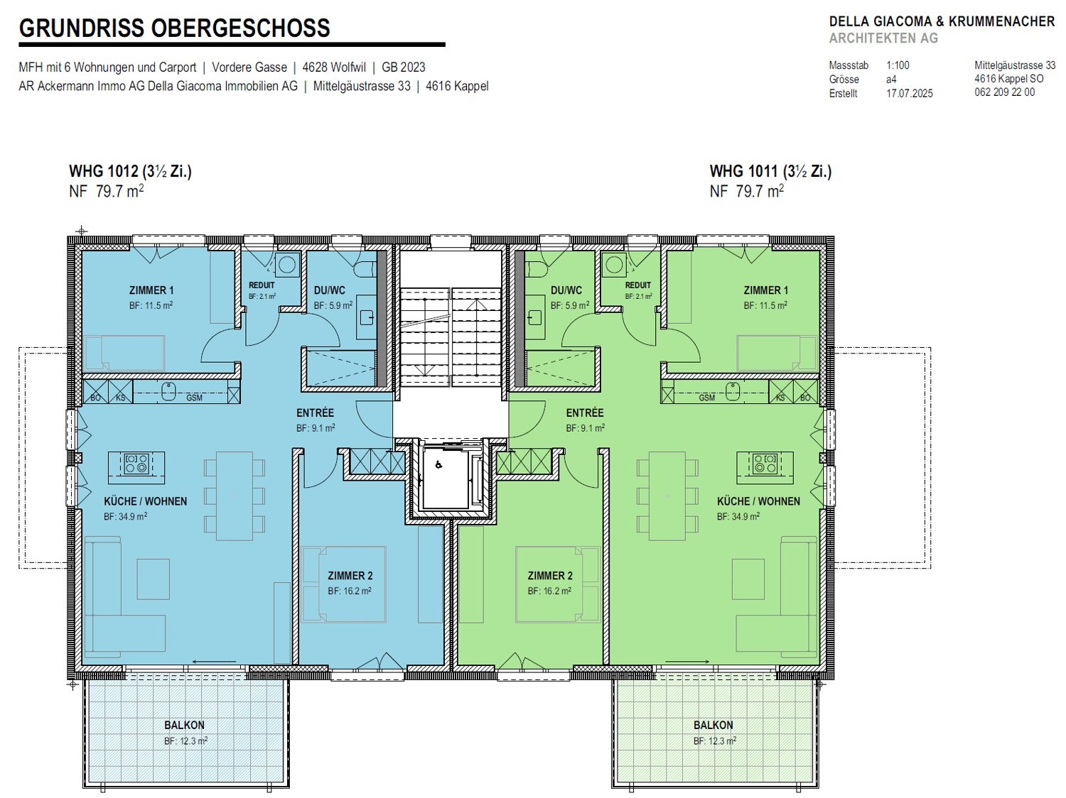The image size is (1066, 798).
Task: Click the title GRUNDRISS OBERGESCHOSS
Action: pyautogui.click(x=174, y=28)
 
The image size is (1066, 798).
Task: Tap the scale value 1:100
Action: pyautogui.click(x=898, y=65)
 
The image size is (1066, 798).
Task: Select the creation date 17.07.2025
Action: pyautogui.click(x=909, y=93)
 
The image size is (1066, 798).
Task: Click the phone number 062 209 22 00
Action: pyautogui.click(x=1004, y=92)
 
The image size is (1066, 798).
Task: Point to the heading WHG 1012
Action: pyautogui.click(x=104, y=171)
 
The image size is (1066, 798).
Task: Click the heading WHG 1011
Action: pyautogui.click(x=745, y=171)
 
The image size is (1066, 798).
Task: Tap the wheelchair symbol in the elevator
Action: pyautogui.click(x=438, y=465)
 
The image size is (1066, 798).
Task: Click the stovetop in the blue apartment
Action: pyautogui.click(x=136, y=464)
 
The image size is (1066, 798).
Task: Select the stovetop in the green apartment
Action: pyautogui.click(x=765, y=464)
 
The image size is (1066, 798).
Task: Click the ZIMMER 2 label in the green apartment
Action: pyautogui.click(x=550, y=576)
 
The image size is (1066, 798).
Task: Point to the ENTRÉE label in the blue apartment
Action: pyautogui.click(x=316, y=412)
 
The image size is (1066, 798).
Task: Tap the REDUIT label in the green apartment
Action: pyautogui.click(x=637, y=285)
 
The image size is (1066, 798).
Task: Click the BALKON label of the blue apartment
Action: pyautogui.click(x=184, y=726)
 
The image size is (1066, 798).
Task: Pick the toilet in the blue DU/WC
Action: pyautogui.click(x=365, y=269)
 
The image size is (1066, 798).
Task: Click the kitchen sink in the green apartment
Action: pyautogui.click(x=733, y=392)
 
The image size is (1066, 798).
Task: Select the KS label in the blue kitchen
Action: pyautogui.click(x=120, y=398)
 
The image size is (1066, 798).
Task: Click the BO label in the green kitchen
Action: pyautogui.click(x=805, y=398)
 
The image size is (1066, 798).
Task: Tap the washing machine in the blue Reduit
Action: pyautogui.click(x=286, y=266)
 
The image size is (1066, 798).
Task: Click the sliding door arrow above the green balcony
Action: pyautogui.click(x=687, y=662)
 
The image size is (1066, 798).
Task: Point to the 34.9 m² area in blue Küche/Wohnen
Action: pyautogui.click(x=125, y=517)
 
